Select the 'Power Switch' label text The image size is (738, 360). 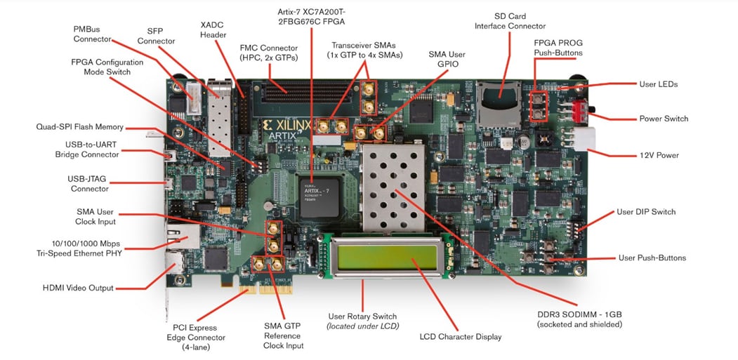coord(663,119)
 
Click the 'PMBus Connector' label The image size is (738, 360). coord(92,34)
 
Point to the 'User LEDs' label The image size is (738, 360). coord(658,84)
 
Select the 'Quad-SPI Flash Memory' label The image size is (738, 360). coord(79,127)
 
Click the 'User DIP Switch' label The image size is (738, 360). coord(645,211)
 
